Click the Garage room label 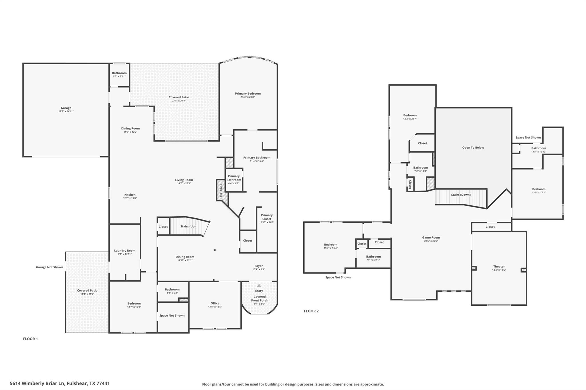66,108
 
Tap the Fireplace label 221,191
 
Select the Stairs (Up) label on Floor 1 188,227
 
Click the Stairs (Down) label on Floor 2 461,195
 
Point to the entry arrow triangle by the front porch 259,285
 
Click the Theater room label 499,267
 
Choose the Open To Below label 473,148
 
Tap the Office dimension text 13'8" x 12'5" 215,307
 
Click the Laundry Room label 125,251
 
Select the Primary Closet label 267,217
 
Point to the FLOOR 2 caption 311,311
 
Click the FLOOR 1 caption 30,339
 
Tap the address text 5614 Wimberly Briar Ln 38,383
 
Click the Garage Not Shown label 50,267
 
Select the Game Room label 431,237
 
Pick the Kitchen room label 130,195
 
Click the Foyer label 259,266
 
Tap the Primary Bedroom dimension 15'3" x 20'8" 248,97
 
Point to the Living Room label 184,180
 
